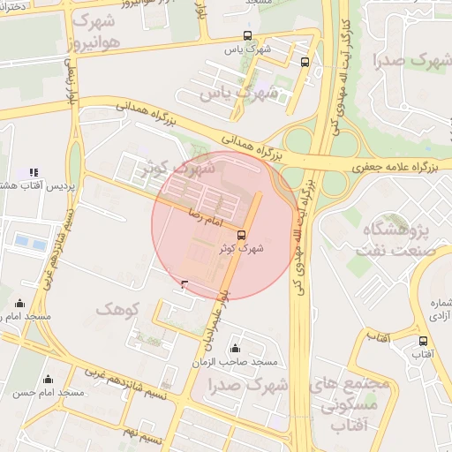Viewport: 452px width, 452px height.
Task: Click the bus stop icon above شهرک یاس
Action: (248, 36)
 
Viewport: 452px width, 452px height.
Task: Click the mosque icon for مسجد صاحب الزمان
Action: (235, 349)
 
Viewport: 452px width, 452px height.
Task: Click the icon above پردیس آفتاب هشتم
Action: (34, 172)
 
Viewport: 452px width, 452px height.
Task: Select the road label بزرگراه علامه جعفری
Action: (391, 166)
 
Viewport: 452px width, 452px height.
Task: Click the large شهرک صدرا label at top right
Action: (413, 61)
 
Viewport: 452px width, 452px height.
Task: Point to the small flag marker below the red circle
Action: (184, 283)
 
